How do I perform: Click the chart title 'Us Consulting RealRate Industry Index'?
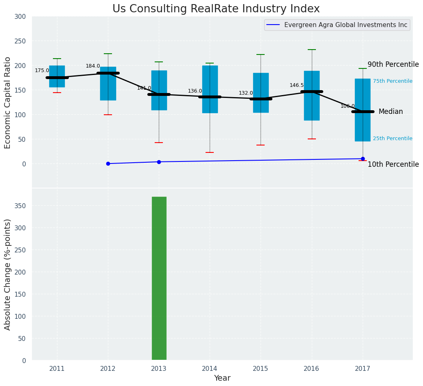(x=216, y=9)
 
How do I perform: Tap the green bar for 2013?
(x=159, y=278)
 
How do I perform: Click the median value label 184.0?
(x=93, y=66)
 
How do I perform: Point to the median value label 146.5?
(x=297, y=85)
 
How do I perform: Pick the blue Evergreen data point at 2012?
(x=108, y=163)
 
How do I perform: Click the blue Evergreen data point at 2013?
(x=159, y=162)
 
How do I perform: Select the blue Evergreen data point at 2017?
(x=363, y=159)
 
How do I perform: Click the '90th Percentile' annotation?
(x=393, y=65)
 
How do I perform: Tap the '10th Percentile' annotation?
(x=393, y=165)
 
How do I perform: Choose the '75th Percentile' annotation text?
(x=393, y=81)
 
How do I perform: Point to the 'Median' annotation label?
(x=391, y=111)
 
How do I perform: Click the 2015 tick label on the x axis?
(x=261, y=369)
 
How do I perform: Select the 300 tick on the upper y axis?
(x=20, y=17)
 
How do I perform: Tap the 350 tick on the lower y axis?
(x=20, y=206)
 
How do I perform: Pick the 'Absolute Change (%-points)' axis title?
(x=8, y=274)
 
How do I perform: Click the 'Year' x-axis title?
(x=222, y=378)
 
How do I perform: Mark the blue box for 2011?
(x=57, y=77)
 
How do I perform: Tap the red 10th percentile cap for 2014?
(x=210, y=152)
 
